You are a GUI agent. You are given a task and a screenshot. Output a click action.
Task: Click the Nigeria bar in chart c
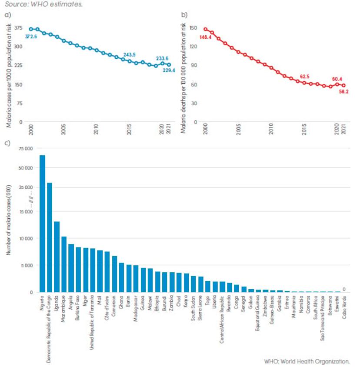pyautogui.click(x=42, y=224)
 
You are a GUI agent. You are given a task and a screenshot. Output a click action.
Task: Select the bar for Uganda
pyautogui.click(x=57, y=257)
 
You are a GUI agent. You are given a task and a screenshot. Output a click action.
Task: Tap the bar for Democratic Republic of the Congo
pyautogui.click(x=50, y=237)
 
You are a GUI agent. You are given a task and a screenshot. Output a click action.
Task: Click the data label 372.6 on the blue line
pyautogui.click(x=31, y=37)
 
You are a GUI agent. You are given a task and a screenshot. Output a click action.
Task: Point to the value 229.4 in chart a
pyautogui.click(x=169, y=70)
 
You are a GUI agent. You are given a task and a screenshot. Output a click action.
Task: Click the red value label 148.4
pyautogui.click(x=206, y=37)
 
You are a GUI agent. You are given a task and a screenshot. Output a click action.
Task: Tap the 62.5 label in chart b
pyautogui.click(x=306, y=77)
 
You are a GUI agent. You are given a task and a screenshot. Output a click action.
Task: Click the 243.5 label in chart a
pyautogui.click(x=130, y=55)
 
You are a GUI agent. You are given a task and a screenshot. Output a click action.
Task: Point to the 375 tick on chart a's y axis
pyautogui.click(x=19, y=28)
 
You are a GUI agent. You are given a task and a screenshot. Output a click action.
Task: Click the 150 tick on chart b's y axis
pyautogui.click(x=193, y=28)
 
